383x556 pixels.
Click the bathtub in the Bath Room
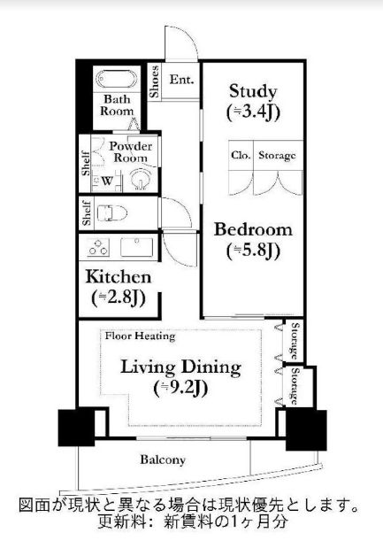tap(117, 79)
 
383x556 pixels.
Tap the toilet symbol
tap(112, 213)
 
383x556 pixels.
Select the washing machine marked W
tap(107, 181)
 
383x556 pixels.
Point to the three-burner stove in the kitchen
tap(98, 247)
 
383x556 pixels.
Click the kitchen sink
tap(137, 247)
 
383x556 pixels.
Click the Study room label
tap(253, 91)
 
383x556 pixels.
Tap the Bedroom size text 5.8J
tap(253, 251)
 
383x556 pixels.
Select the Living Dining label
tap(181, 367)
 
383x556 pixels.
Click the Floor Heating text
tap(140, 336)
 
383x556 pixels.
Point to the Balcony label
tap(163, 459)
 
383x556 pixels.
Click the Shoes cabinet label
tap(154, 81)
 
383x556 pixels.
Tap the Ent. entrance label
tap(181, 79)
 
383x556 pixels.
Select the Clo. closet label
tap(241, 155)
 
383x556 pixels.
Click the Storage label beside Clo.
tap(277, 155)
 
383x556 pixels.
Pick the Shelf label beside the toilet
tap(87, 212)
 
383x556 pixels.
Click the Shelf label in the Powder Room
tap(86, 163)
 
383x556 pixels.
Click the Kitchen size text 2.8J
tap(119, 298)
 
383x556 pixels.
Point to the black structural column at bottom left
tap(76, 428)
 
